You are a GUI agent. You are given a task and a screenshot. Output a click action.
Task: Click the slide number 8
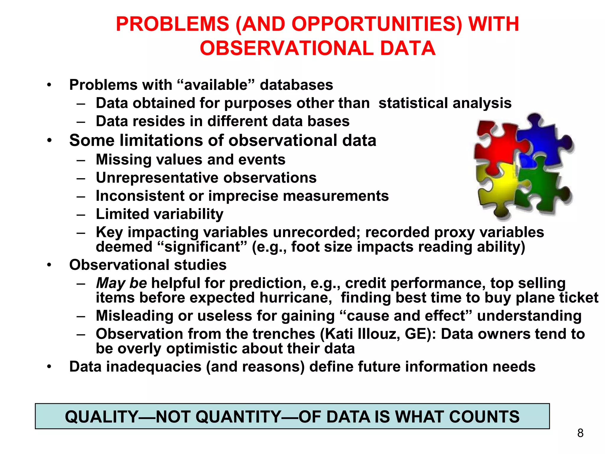coord(580,433)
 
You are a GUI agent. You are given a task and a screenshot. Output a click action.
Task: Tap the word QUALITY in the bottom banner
coord(102,417)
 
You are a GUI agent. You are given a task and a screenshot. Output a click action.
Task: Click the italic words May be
coord(121,283)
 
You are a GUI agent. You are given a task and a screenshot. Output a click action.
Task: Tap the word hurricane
coord(296,298)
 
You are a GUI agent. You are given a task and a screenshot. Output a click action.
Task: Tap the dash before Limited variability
coord(81,214)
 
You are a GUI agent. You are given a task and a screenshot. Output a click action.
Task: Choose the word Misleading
coord(134,316)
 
